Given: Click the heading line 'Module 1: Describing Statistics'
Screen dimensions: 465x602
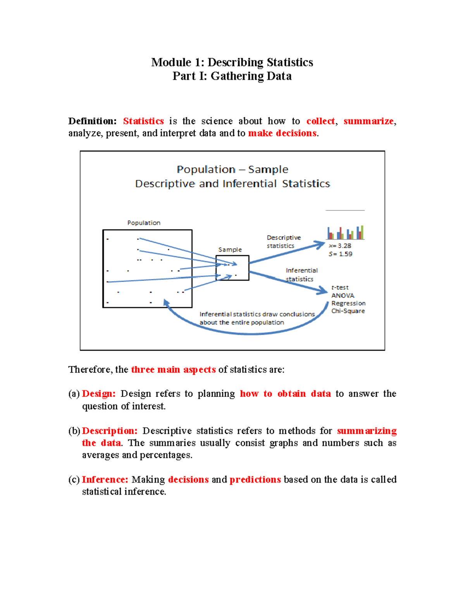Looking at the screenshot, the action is click(x=232, y=62).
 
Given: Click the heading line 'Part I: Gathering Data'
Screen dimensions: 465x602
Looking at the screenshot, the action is click(x=232, y=76).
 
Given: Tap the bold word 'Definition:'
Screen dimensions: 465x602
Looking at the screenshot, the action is click(x=92, y=121).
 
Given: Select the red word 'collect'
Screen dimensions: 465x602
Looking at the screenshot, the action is click(x=320, y=121).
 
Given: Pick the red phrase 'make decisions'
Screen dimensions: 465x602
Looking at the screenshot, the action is click(x=282, y=133).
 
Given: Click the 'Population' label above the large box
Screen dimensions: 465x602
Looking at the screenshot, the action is click(x=144, y=223).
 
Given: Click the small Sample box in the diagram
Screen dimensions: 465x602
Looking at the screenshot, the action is click(x=232, y=268).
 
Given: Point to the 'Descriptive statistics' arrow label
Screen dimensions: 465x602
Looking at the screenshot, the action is click(x=283, y=241).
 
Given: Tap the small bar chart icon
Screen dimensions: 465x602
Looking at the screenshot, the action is click(x=345, y=233).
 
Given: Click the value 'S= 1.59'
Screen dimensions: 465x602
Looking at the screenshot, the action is click(x=340, y=254).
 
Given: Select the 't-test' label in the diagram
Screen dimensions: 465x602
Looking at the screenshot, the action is click(x=340, y=288).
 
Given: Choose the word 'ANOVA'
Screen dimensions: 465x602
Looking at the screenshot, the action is click(x=343, y=295).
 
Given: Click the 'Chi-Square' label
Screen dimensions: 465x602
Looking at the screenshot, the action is click(x=348, y=311).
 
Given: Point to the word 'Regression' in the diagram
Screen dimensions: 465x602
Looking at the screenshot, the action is click(x=348, y=303).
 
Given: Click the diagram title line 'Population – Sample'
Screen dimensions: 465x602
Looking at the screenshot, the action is click(x=232, y=169).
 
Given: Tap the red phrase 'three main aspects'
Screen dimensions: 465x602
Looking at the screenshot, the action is click(x=173, y=370).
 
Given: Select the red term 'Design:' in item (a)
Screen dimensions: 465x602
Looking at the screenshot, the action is click(x=98, y=394).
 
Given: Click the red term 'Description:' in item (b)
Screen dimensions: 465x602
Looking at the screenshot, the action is click(x=110, y=431).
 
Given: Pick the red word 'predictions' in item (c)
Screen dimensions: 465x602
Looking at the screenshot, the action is click(x=255, y=480).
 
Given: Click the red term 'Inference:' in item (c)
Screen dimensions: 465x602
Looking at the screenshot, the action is click(x=105, y=480).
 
